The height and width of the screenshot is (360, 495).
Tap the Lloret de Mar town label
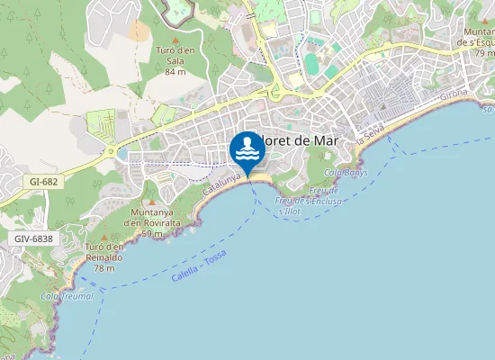295,141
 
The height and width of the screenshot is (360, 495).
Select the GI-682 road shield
43,181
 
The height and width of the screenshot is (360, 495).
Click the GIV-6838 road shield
33,238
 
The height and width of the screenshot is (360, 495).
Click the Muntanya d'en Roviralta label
152,217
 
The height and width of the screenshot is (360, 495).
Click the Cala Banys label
346,172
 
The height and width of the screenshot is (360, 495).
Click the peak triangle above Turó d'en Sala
172,40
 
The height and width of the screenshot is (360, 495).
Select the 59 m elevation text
152,233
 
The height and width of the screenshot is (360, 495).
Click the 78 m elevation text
104,267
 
